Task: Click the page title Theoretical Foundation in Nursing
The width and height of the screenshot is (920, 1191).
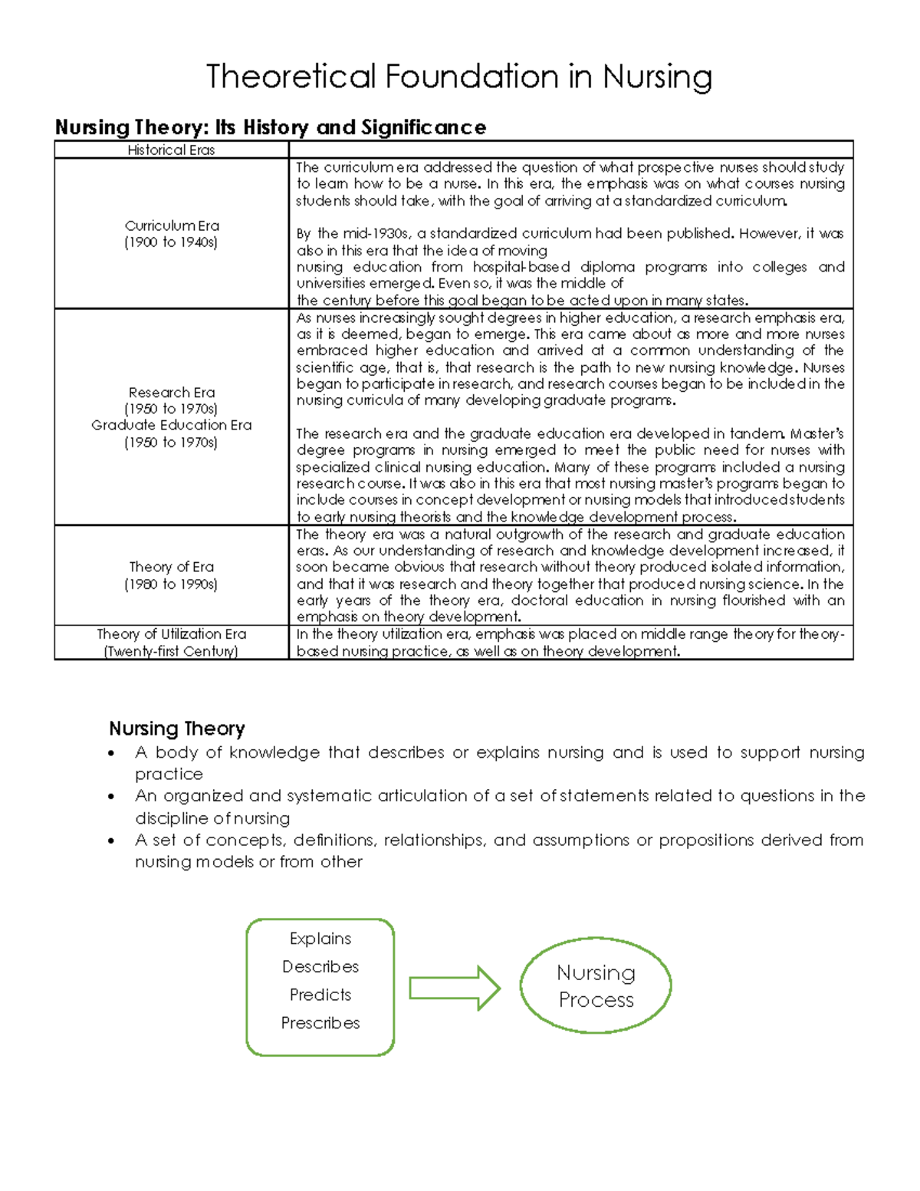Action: point(459,77)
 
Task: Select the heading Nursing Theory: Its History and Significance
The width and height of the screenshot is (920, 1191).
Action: point(270,127)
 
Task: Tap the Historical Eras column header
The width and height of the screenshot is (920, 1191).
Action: point(171,150)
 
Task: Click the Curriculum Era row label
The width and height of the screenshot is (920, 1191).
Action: point(172,225)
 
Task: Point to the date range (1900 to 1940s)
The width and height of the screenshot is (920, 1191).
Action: point(171,242)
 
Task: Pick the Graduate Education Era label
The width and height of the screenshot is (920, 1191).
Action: point(171,425)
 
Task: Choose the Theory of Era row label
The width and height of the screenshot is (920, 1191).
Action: point(171,567)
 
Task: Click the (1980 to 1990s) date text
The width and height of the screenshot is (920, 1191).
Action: point(171,584)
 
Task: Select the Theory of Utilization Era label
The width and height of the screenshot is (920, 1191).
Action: point(171,634)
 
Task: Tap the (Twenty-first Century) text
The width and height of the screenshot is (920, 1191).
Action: point(171,651)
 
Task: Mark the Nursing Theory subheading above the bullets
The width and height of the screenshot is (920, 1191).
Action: point(176,728)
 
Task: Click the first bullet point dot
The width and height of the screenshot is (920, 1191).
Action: point(112,753)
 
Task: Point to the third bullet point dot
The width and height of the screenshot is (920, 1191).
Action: point(112,841)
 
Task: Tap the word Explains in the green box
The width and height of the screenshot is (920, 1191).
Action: point(320,939)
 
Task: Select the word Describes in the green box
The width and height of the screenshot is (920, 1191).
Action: point(320,966)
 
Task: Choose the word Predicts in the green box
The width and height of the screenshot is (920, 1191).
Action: point(320,995)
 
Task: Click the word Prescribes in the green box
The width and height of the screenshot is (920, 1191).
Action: point(320,1023)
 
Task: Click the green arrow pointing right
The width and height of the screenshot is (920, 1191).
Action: point(455,988)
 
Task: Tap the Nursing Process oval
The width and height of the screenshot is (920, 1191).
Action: point(596,986)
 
